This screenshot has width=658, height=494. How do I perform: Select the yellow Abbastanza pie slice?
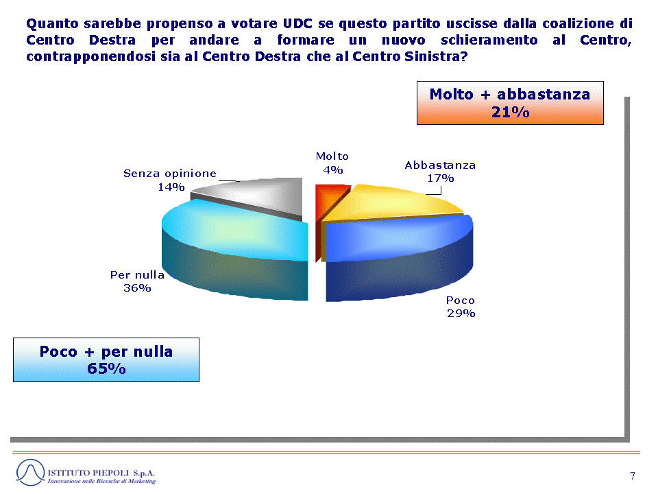[390, 204]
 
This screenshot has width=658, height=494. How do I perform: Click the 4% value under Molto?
[333, 170]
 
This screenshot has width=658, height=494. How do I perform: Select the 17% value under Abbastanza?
[441, 178]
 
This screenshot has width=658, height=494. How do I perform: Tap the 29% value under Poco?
[461, 314]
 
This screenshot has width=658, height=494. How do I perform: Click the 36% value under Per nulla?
[137, 288]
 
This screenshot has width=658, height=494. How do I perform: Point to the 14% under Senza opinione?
[171, 187]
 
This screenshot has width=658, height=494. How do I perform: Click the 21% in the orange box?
[510, 113]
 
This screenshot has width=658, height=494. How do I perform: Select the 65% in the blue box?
[106, 369]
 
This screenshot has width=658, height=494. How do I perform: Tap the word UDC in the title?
[297, 23]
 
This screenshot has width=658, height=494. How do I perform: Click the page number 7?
[633, 475]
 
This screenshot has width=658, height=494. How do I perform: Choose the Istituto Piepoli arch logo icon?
[30, 473]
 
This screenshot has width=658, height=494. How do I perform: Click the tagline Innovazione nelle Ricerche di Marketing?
[101, 481]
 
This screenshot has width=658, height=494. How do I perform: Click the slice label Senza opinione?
[170, 174]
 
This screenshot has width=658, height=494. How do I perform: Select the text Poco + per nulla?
[106, 351]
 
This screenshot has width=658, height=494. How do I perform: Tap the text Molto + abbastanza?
[510, 95]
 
